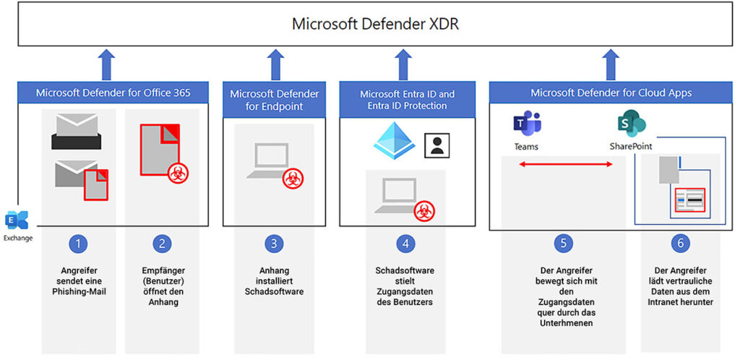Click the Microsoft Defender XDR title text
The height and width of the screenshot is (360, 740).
376,24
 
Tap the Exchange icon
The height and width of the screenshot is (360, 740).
17,220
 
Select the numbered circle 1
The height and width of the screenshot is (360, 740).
78,244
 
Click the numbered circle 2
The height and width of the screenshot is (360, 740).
162,244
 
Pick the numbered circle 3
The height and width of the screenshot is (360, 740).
274,244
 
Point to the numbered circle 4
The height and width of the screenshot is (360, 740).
405,244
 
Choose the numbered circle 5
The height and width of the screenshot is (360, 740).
564,244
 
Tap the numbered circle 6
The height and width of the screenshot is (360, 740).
680,244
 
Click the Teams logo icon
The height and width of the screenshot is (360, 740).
527,123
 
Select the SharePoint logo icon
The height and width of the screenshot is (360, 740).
631,123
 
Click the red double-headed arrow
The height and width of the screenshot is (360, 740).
565,164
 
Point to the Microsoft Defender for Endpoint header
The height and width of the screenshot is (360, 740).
274,100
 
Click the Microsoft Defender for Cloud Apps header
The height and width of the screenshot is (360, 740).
611,93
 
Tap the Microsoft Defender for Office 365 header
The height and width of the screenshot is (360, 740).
113,93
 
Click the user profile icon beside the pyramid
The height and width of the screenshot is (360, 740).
437,145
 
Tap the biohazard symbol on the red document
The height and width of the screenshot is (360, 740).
178,173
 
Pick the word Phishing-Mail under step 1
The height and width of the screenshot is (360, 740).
78,291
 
